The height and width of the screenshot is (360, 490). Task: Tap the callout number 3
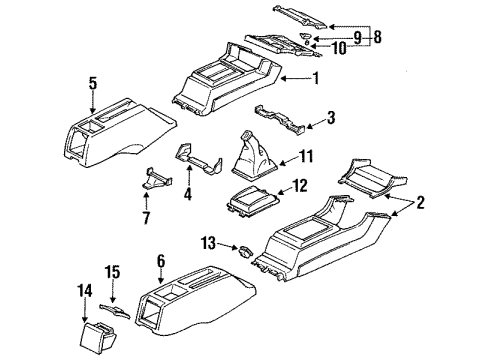pos(332,118)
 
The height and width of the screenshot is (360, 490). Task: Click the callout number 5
pos(92,84)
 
